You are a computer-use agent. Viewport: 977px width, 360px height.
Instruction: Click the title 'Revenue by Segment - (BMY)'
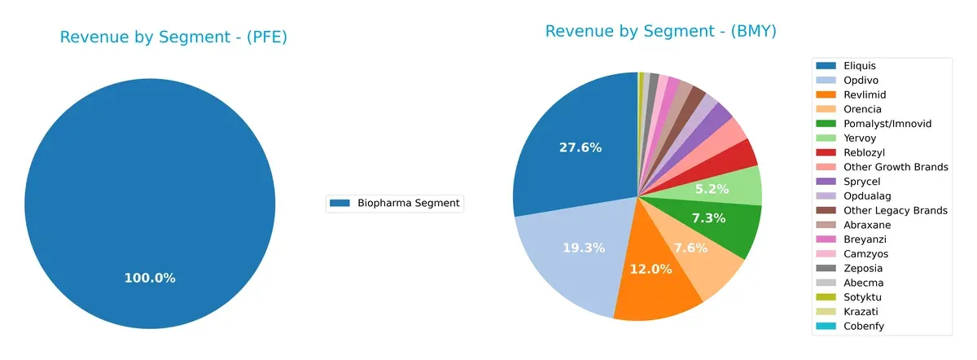pyautogui.click(x=660, y=32)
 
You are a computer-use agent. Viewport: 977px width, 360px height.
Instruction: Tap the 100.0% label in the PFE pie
pyautogui.click(x=149, y=279)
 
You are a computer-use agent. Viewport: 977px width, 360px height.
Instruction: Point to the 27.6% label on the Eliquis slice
pyautogui.click(x=580, y=147)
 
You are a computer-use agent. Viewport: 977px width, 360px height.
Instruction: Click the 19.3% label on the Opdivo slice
pyautogui.click(x=583, y=248)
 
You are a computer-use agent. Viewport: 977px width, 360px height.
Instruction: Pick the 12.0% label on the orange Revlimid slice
pyautogui.click(x=651, y=270)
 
